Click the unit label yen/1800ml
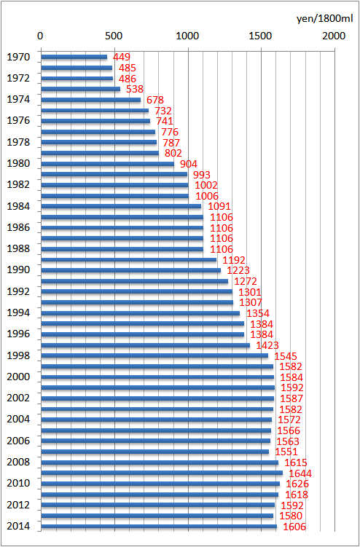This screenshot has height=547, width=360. (x=325, y=19)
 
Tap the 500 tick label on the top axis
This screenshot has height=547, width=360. (x=114, y=36)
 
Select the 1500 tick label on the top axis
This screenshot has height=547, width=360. (x=260, y=36)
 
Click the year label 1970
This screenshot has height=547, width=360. (x=18, y=57)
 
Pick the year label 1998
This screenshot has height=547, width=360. (x=18, y=356)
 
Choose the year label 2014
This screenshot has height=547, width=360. (x=18, y=527)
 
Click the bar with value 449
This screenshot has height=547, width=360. (x=74, y=57)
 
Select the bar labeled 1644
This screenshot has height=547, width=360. (x=162, y=473)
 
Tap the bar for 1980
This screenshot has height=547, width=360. (x=108, y=164)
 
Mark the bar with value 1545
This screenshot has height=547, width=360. (x=154, y=356)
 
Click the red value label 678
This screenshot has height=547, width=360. (x=155, y=100)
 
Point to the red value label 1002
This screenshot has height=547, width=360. (x=206, y=185)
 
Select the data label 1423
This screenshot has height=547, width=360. (x=267, y=345)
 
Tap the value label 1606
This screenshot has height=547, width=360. (x=294, y=527)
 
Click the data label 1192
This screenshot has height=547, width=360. (x=234, y=260)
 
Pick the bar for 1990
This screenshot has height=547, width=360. (x=131, y=270)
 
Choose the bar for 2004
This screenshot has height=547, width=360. (x=157, y=420)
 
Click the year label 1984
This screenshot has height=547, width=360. (x=18, y=207)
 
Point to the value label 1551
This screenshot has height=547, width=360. (x=286, y=452)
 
